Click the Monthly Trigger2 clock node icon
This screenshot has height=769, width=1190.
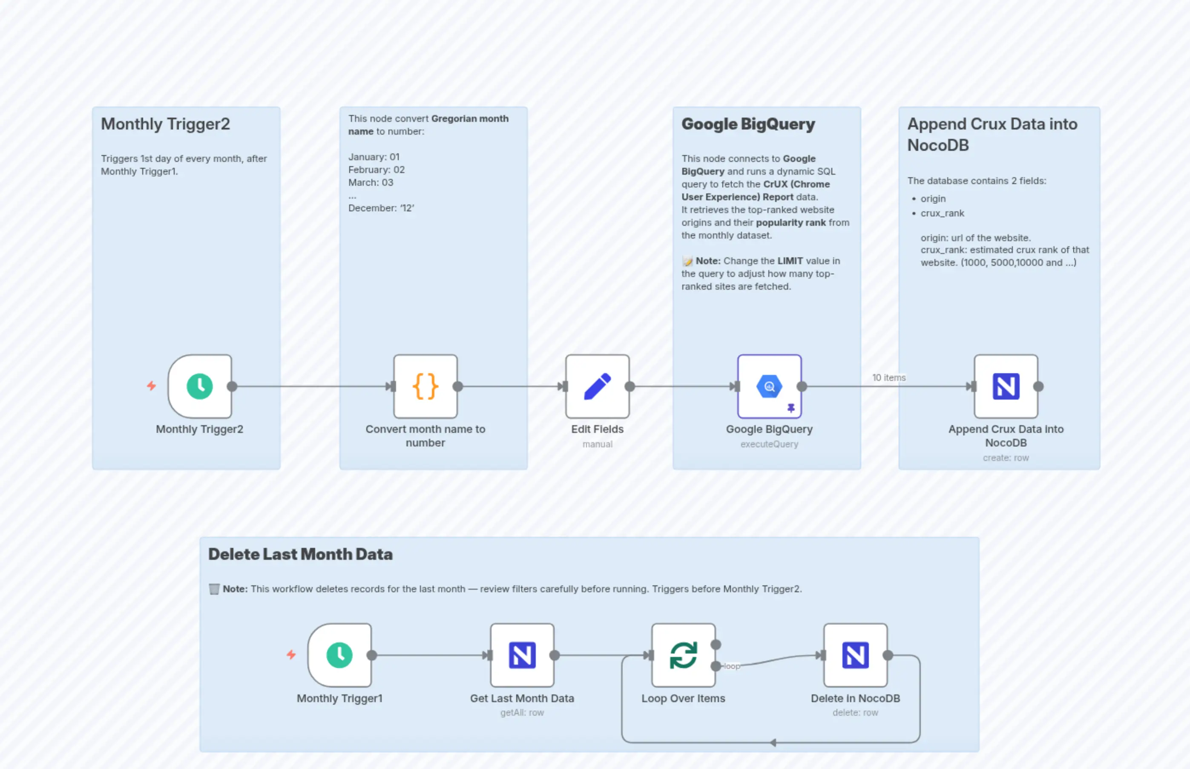click(x=200, y=386)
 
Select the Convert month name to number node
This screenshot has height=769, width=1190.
click(x=425, y=386)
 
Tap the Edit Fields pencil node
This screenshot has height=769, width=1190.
click(x=597, y=386)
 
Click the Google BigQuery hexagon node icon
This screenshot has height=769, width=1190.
click(x=769, y=386)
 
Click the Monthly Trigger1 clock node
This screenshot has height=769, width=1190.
click(x=339, y=655)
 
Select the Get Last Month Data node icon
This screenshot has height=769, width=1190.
click(x=522, y=655)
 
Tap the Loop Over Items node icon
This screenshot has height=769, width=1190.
click(x=683, y=655)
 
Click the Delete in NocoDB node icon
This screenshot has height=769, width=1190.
click(x=855, y=655)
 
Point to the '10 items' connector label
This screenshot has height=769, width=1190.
click(x=888, y=377)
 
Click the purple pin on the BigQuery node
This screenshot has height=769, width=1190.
click(x=790, y=408)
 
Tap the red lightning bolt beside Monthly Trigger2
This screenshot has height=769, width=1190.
click(x=151, y=386)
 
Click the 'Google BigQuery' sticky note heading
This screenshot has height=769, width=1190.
click(x=748, y=124)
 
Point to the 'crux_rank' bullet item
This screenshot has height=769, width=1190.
click(x=942, y=213)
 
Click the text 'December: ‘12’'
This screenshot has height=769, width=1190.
click(x=381, y=208)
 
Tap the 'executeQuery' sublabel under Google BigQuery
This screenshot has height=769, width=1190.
click(x=769, y=444)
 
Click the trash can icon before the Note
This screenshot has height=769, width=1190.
click(x=214, y=589)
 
